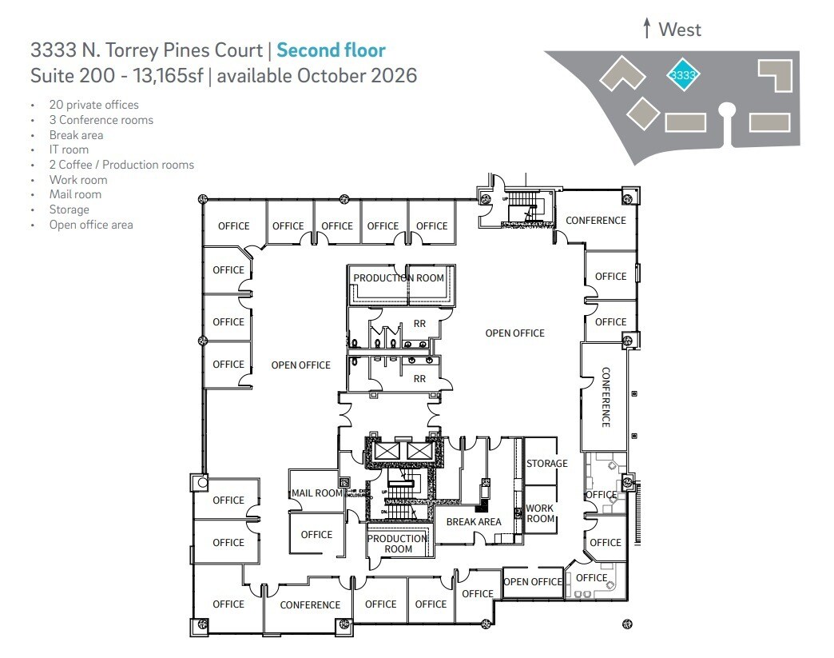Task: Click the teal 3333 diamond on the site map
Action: click(x=684, y=75)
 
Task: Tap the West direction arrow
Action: click(x=647, y=30)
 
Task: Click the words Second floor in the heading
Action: click(x=331, y=51)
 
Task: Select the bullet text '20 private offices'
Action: click(x=93, y=105)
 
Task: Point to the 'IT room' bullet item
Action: click(x=69, y=150)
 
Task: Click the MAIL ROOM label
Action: click(x=317, y=493)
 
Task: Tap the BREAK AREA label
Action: click(x=474, y=522)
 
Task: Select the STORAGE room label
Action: click(x=547, y=464)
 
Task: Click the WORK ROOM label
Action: click(x=540, y=513)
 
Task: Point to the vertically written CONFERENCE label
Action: click(x=606, y=397)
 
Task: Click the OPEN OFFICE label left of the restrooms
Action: click(x=300, y=365)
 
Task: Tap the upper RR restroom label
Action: click(x=419, y=324)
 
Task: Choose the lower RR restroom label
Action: click(x=419, y=379)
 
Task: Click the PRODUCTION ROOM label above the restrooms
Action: click(x=399, y=278)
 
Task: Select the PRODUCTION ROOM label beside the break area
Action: click(x=398, y=544)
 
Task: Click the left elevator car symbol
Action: click(x=387, y=451)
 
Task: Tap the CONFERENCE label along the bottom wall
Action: click(x=310, y=605)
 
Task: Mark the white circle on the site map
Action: click(x=726, y=110)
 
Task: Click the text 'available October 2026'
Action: click(x=317, y=76)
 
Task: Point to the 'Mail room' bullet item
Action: click(x=75, y=194)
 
